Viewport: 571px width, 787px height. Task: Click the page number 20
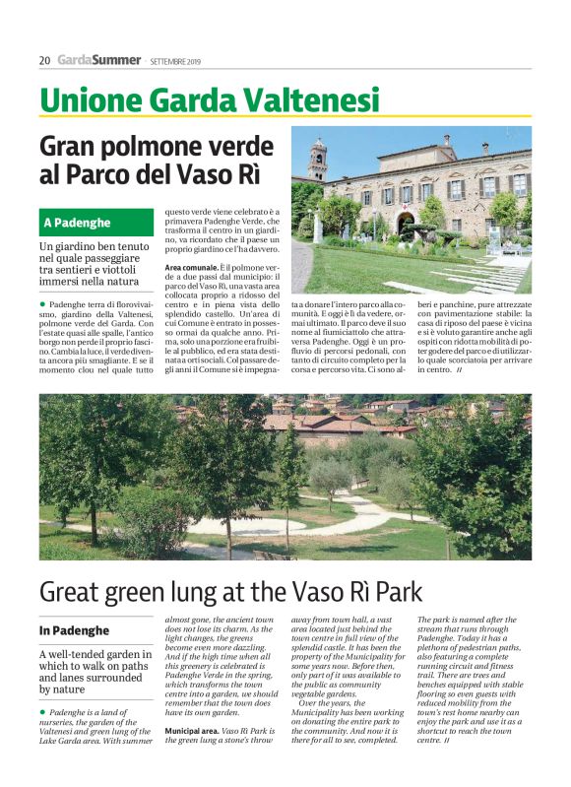coord(44,60)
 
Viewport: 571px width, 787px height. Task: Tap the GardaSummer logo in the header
coord(98,60)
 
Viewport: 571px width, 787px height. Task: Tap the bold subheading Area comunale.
coord(191,267)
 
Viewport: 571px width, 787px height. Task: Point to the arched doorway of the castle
coord(406,221)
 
